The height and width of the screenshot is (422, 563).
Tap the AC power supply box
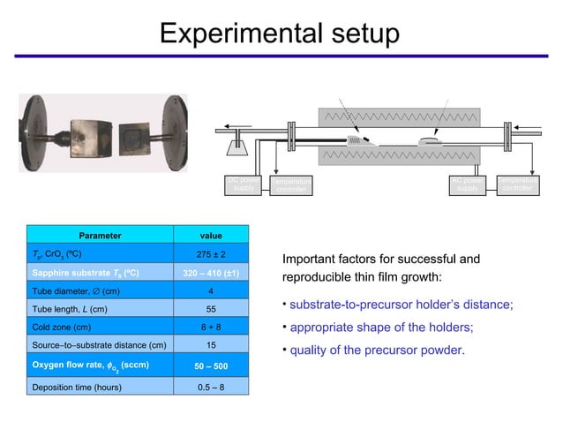(467, 186)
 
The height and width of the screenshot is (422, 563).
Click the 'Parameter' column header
(100, 236)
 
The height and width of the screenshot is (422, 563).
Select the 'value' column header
(212, 236)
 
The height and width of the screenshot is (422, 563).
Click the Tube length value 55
(212, 309)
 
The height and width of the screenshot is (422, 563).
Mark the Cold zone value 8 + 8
(212, 327)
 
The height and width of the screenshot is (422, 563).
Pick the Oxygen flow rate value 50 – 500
(212, 365)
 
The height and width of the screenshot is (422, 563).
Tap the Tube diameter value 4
(212, 291)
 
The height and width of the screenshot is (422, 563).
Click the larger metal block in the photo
(88, 135)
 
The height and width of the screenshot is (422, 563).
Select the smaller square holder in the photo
(135, 138)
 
